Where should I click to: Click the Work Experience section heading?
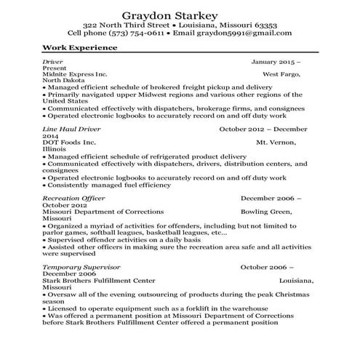79,48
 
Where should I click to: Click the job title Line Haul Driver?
71,128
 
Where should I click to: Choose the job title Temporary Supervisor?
79,267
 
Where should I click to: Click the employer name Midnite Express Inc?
76,74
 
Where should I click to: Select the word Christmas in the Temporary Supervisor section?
286,294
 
